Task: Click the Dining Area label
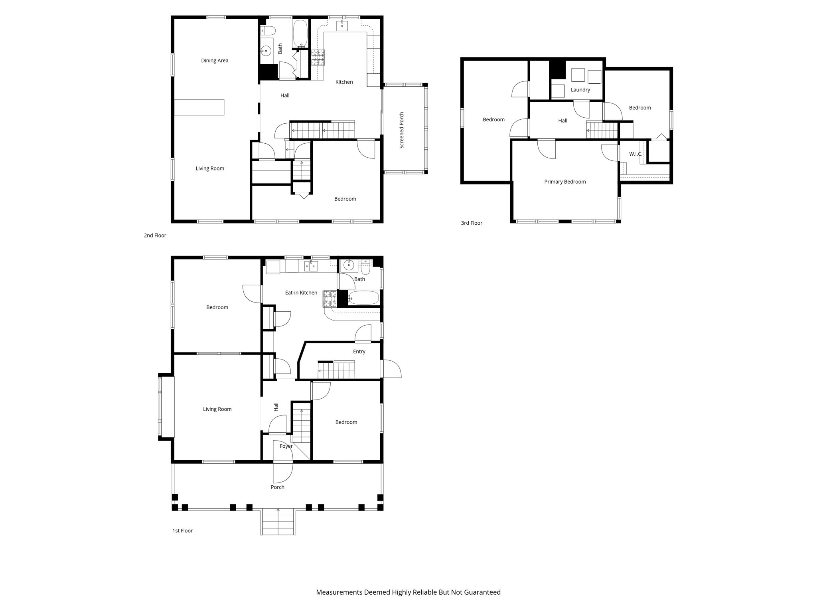coord(215,61)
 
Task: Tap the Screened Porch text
coord(402,130)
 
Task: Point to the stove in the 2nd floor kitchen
coord(318,57)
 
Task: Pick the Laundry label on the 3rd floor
coord(580,90)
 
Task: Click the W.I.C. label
coord(635,154)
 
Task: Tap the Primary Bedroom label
coord(565,182)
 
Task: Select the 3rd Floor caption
coord(472,223)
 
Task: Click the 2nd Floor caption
coord(155,235)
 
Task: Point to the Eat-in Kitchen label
coord(301,293)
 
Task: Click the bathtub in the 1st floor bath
coord(363,298)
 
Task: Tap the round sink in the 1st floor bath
coord(349,265)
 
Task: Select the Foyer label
coord(286,446)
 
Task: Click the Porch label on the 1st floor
coord(278,487)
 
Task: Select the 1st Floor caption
coord(182,531)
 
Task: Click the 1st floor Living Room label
coord(217,409)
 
